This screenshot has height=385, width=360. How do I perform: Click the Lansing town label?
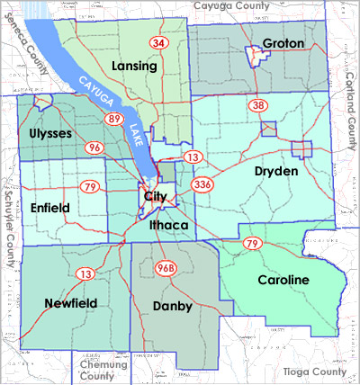[x=136, y=67]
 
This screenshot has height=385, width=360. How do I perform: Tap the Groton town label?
[x=283, y=43]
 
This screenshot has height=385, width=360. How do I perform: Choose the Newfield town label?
[x=70, y=304]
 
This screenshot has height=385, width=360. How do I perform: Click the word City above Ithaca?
[x=153, y=196]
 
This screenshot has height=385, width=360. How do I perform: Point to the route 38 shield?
[x=258, y=105]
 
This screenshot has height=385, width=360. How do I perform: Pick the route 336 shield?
[x=202, y=185]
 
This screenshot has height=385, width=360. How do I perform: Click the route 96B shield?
[x=165, y=268]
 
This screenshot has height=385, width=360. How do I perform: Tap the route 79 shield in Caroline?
[x=253, y=244]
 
